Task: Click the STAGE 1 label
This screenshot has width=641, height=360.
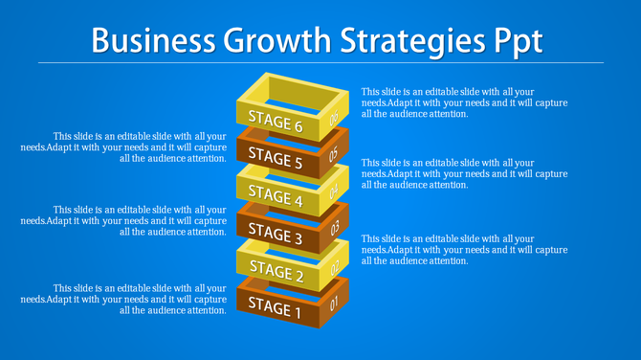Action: [x=275, y=307]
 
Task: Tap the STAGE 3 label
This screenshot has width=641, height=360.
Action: [x=276, y=233]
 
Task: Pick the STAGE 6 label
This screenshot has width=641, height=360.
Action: [x=276, y=121]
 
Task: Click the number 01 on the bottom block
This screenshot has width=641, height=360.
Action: [x=334, y=305]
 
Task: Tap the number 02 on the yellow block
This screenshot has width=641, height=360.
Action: [x=335, y=268]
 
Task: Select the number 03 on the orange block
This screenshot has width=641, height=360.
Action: [x=335, y=229]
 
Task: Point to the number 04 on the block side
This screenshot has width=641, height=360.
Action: [x=335, y=191]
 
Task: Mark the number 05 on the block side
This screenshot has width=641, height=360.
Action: [x=334, y=154]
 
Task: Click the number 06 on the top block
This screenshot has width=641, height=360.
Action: [x=334, y=119]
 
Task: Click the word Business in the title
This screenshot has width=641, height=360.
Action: [x=153, y=41]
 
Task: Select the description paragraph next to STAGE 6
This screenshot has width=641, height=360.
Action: [x=464, y=102]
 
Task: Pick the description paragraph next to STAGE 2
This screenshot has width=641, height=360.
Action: [x=464, y=249]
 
